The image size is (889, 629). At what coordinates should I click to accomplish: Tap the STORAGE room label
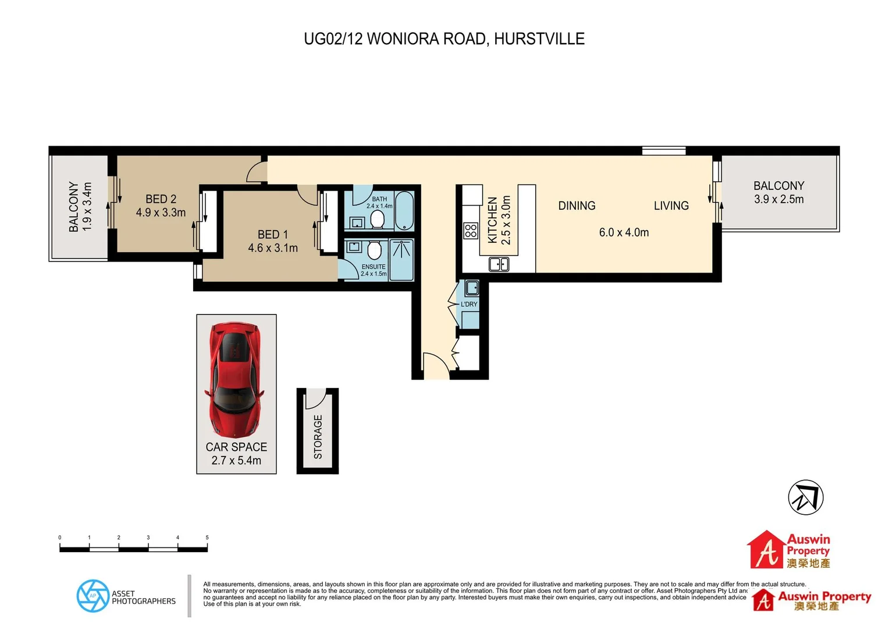318,437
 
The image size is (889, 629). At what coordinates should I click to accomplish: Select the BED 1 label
272,234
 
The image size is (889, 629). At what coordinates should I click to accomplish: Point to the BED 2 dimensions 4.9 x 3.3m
161,213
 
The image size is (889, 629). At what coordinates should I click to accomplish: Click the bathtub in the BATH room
404,211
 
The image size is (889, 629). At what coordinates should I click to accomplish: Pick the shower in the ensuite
401,260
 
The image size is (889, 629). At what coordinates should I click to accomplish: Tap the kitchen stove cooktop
471,231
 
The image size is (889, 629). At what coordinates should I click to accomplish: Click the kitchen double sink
499,264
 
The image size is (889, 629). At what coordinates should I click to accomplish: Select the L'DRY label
469,304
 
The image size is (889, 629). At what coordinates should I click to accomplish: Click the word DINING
577,206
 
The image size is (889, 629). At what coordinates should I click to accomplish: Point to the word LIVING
671,206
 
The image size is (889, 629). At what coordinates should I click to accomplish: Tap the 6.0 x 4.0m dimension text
624,232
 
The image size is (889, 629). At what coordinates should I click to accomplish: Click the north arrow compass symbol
805,497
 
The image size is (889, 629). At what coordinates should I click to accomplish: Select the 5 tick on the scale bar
207,538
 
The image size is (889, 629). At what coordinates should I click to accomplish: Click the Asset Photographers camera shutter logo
93,596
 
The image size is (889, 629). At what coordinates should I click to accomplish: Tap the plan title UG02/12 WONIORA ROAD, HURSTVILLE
444,39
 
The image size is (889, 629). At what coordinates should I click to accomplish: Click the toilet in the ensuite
374,250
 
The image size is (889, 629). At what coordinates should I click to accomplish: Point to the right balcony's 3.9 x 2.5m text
778,199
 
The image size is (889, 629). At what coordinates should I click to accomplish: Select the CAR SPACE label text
236,447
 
